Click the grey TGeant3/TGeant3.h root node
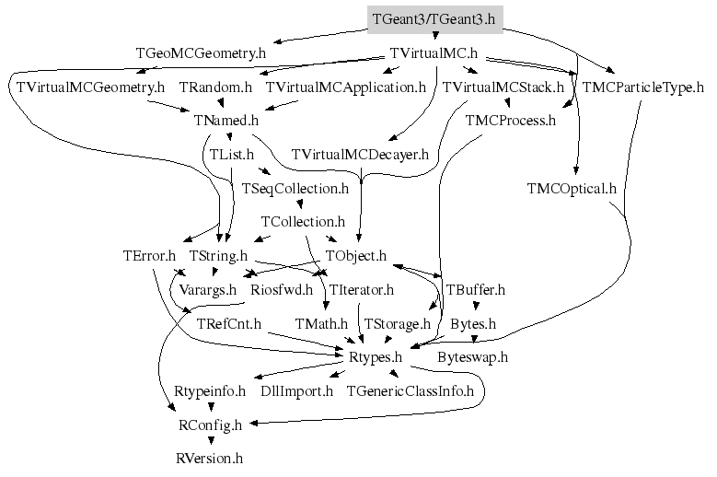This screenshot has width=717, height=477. tap(433, 18)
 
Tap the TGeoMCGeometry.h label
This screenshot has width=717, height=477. tap(201, 53)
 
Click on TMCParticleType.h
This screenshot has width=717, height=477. tap(643, 87)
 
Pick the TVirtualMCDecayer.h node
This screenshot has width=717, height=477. tap(362, 154)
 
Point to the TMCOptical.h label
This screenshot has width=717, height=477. tap(572, 189)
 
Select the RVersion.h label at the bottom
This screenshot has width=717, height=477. tap(210, 458)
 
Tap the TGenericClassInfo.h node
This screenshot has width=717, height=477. tap(410, 391)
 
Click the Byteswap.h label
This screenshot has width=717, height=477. tap(473, 357)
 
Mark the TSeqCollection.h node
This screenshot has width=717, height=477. tap(295, 189)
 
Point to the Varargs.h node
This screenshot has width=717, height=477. tap(207, 290)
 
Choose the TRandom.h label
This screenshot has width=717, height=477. tap(215, 87)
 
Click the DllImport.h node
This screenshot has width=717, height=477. tap(296, 391)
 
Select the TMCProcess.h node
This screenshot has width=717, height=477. tap(511, 121)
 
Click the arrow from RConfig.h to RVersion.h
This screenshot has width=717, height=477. tap(210, 441)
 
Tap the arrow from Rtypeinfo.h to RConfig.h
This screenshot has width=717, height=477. tap(210, 407)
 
